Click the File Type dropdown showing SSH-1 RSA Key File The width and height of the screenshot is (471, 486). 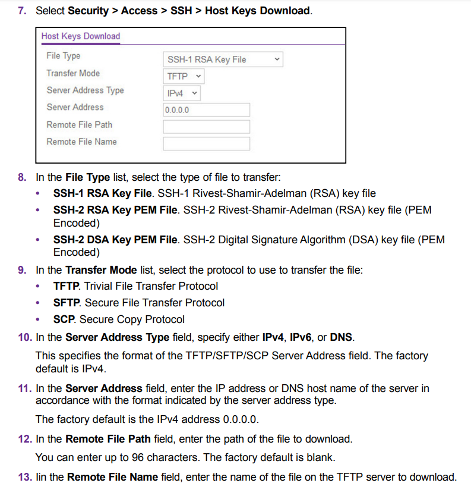tap(222, 59)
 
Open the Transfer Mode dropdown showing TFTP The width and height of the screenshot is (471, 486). tap(184, 76)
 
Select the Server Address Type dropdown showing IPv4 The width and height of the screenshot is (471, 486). tap(181, 93)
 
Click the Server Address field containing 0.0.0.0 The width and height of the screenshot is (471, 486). tap(206, 110)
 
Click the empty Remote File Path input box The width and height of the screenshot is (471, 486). tap(206, 127)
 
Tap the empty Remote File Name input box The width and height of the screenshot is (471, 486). tap(206, 144)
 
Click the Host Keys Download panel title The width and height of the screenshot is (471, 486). tap(81, 36)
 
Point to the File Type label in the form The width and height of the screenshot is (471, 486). tap(64, 56)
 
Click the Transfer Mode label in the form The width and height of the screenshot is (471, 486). tap(73, 73)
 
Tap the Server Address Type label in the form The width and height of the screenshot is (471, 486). tap(85, 90)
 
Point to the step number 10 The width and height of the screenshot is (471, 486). tap(24, 337)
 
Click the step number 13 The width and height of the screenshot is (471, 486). tap(24, 476)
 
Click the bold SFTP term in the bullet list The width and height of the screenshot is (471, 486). tap(67, 303)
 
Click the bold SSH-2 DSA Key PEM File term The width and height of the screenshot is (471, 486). tap(115, 240)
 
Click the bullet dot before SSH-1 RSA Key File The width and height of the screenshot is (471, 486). tap(39, 194)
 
